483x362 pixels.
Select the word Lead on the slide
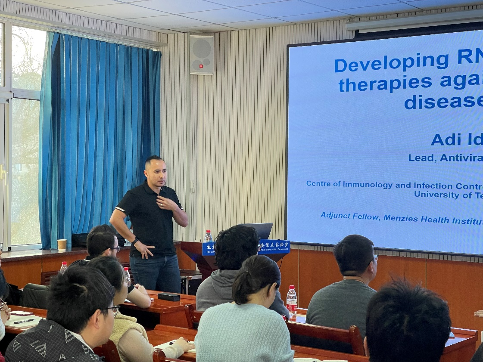(420, 158)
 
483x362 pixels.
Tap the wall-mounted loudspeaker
(202, 54)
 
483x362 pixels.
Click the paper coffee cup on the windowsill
(62, 244)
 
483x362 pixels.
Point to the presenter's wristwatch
(135, 241)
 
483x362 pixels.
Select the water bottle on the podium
(208, 236)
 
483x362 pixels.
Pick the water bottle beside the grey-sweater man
(292, 300)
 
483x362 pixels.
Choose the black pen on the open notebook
(23, 321)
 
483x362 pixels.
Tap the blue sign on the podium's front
(274, 246)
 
